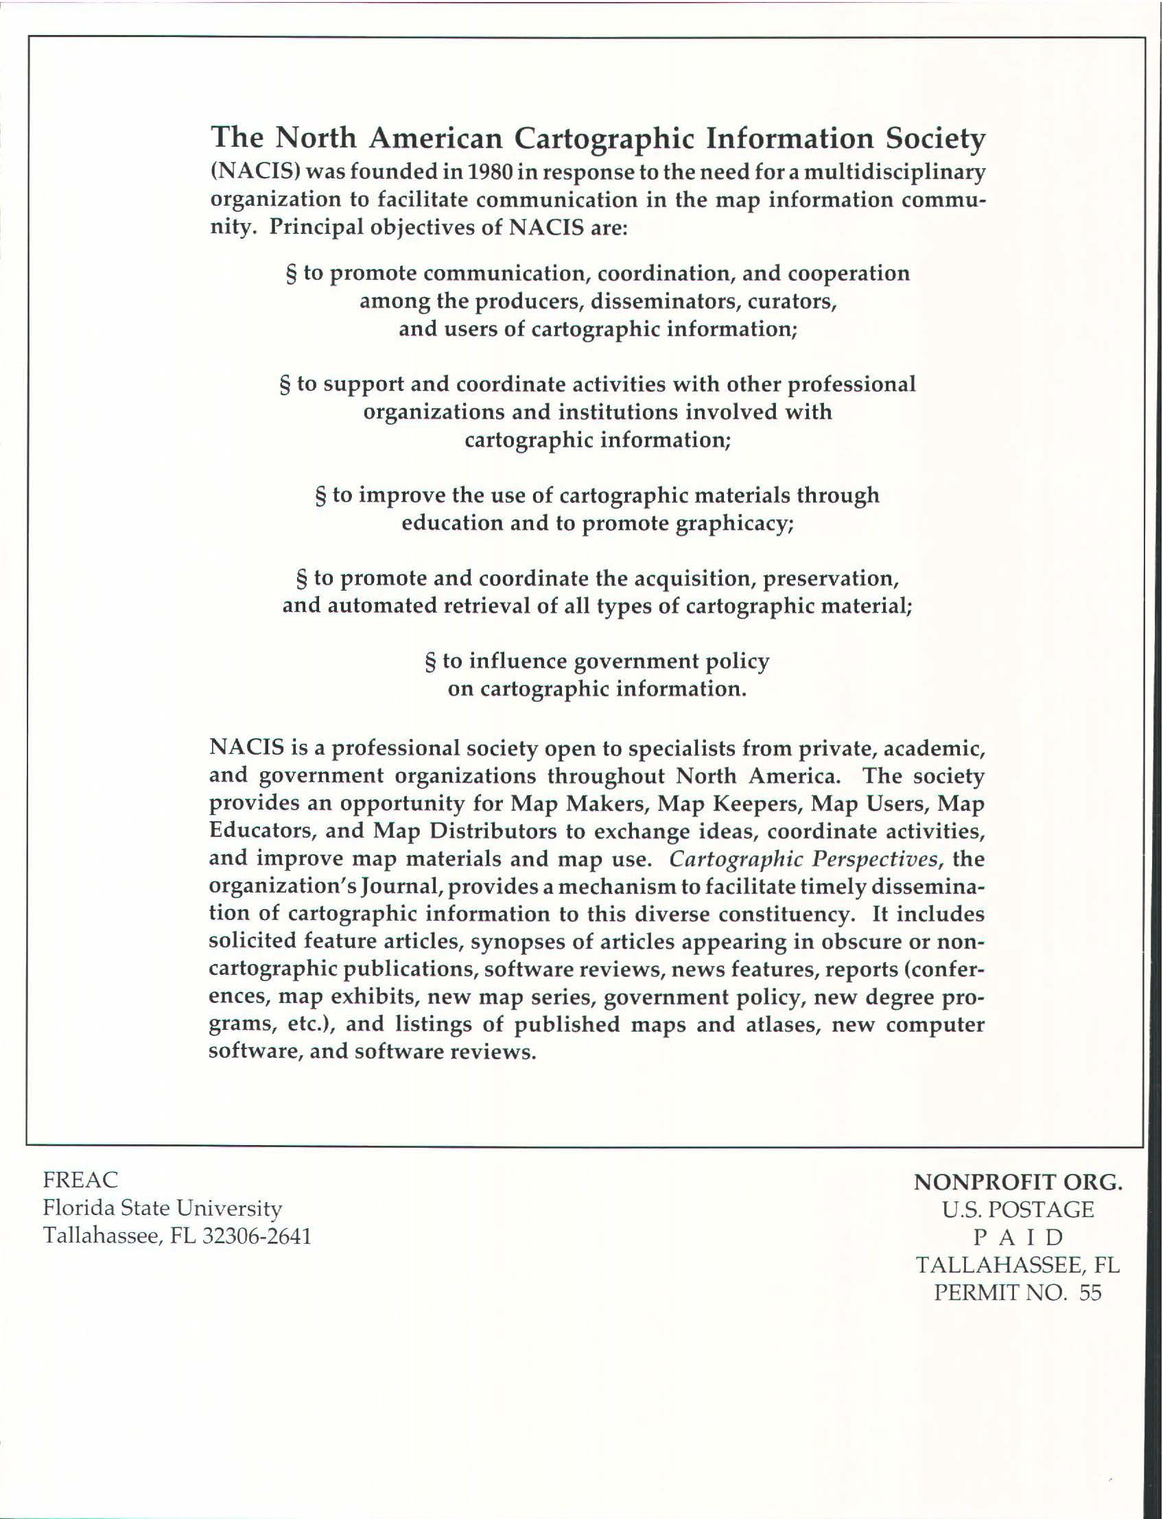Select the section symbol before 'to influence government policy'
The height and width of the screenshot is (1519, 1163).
[x=430, y=662]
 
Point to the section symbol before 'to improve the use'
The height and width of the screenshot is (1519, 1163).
[x=320, y=496]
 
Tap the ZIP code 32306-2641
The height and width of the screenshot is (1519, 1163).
[x=256, y=1236]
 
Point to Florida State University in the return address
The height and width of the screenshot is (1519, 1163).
[x=163, y=1208]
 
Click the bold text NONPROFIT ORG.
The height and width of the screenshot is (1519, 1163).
[x=1018, y=1183]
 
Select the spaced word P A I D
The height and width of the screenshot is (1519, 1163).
[x=1018, y=1237]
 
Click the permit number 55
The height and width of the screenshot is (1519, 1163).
[x=1090, y=1293]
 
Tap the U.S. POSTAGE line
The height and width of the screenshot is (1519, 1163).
[x=1018, y=1210]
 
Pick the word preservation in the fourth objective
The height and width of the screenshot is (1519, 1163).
[x=830, y=578]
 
